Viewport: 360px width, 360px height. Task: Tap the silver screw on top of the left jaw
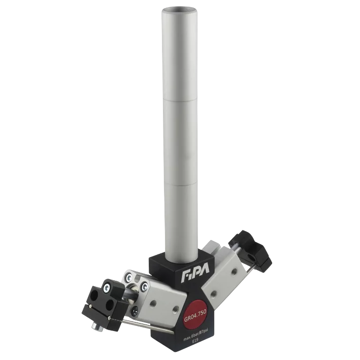(108, 288)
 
